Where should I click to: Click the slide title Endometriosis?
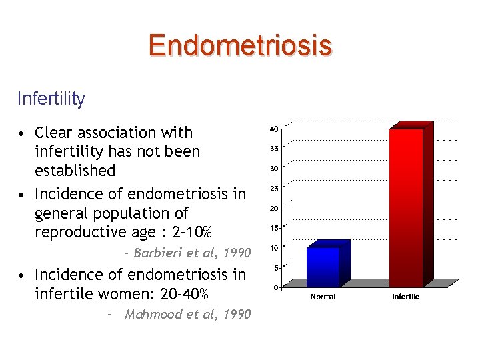[x=240, y=45]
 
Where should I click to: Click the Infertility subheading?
[x=51, y=99]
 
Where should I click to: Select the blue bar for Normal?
[x=323, y=266]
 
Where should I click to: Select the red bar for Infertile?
[x=406, y=207]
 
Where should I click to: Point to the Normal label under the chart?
[x=323, y=297]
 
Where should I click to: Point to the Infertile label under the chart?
[x=405, y=297]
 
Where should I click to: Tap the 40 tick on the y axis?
[x=274, y=129]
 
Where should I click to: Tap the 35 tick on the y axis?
[x=274, y=149]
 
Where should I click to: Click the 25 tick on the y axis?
[x=274, y=189]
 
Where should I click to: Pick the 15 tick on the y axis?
[x=274, y=228]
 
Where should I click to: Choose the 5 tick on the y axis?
[x=276, y=268]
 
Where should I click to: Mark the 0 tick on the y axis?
[x=276, y=287]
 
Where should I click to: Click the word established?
[x=75, y=171]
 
